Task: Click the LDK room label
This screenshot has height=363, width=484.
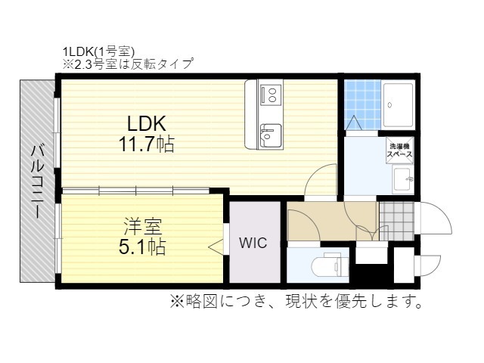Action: click(146, 124)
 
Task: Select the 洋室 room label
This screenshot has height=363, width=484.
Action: click(142, 225)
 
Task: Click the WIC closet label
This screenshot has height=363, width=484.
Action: click(252, 244)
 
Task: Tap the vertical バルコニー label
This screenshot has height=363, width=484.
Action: click(36, 181)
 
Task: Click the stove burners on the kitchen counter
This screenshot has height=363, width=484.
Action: click(269, 95)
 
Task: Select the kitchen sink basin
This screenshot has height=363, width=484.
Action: click(269, 135)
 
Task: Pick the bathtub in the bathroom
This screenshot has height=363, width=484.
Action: click(398, 105)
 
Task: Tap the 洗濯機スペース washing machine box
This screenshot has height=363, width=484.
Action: click(399, 150)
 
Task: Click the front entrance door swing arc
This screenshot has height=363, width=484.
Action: click(435, 219)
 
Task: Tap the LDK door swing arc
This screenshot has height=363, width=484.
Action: click(322, 182)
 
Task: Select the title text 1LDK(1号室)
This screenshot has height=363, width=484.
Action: click(98, 52)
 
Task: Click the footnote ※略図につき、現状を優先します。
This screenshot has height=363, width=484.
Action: click(296, 302)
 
